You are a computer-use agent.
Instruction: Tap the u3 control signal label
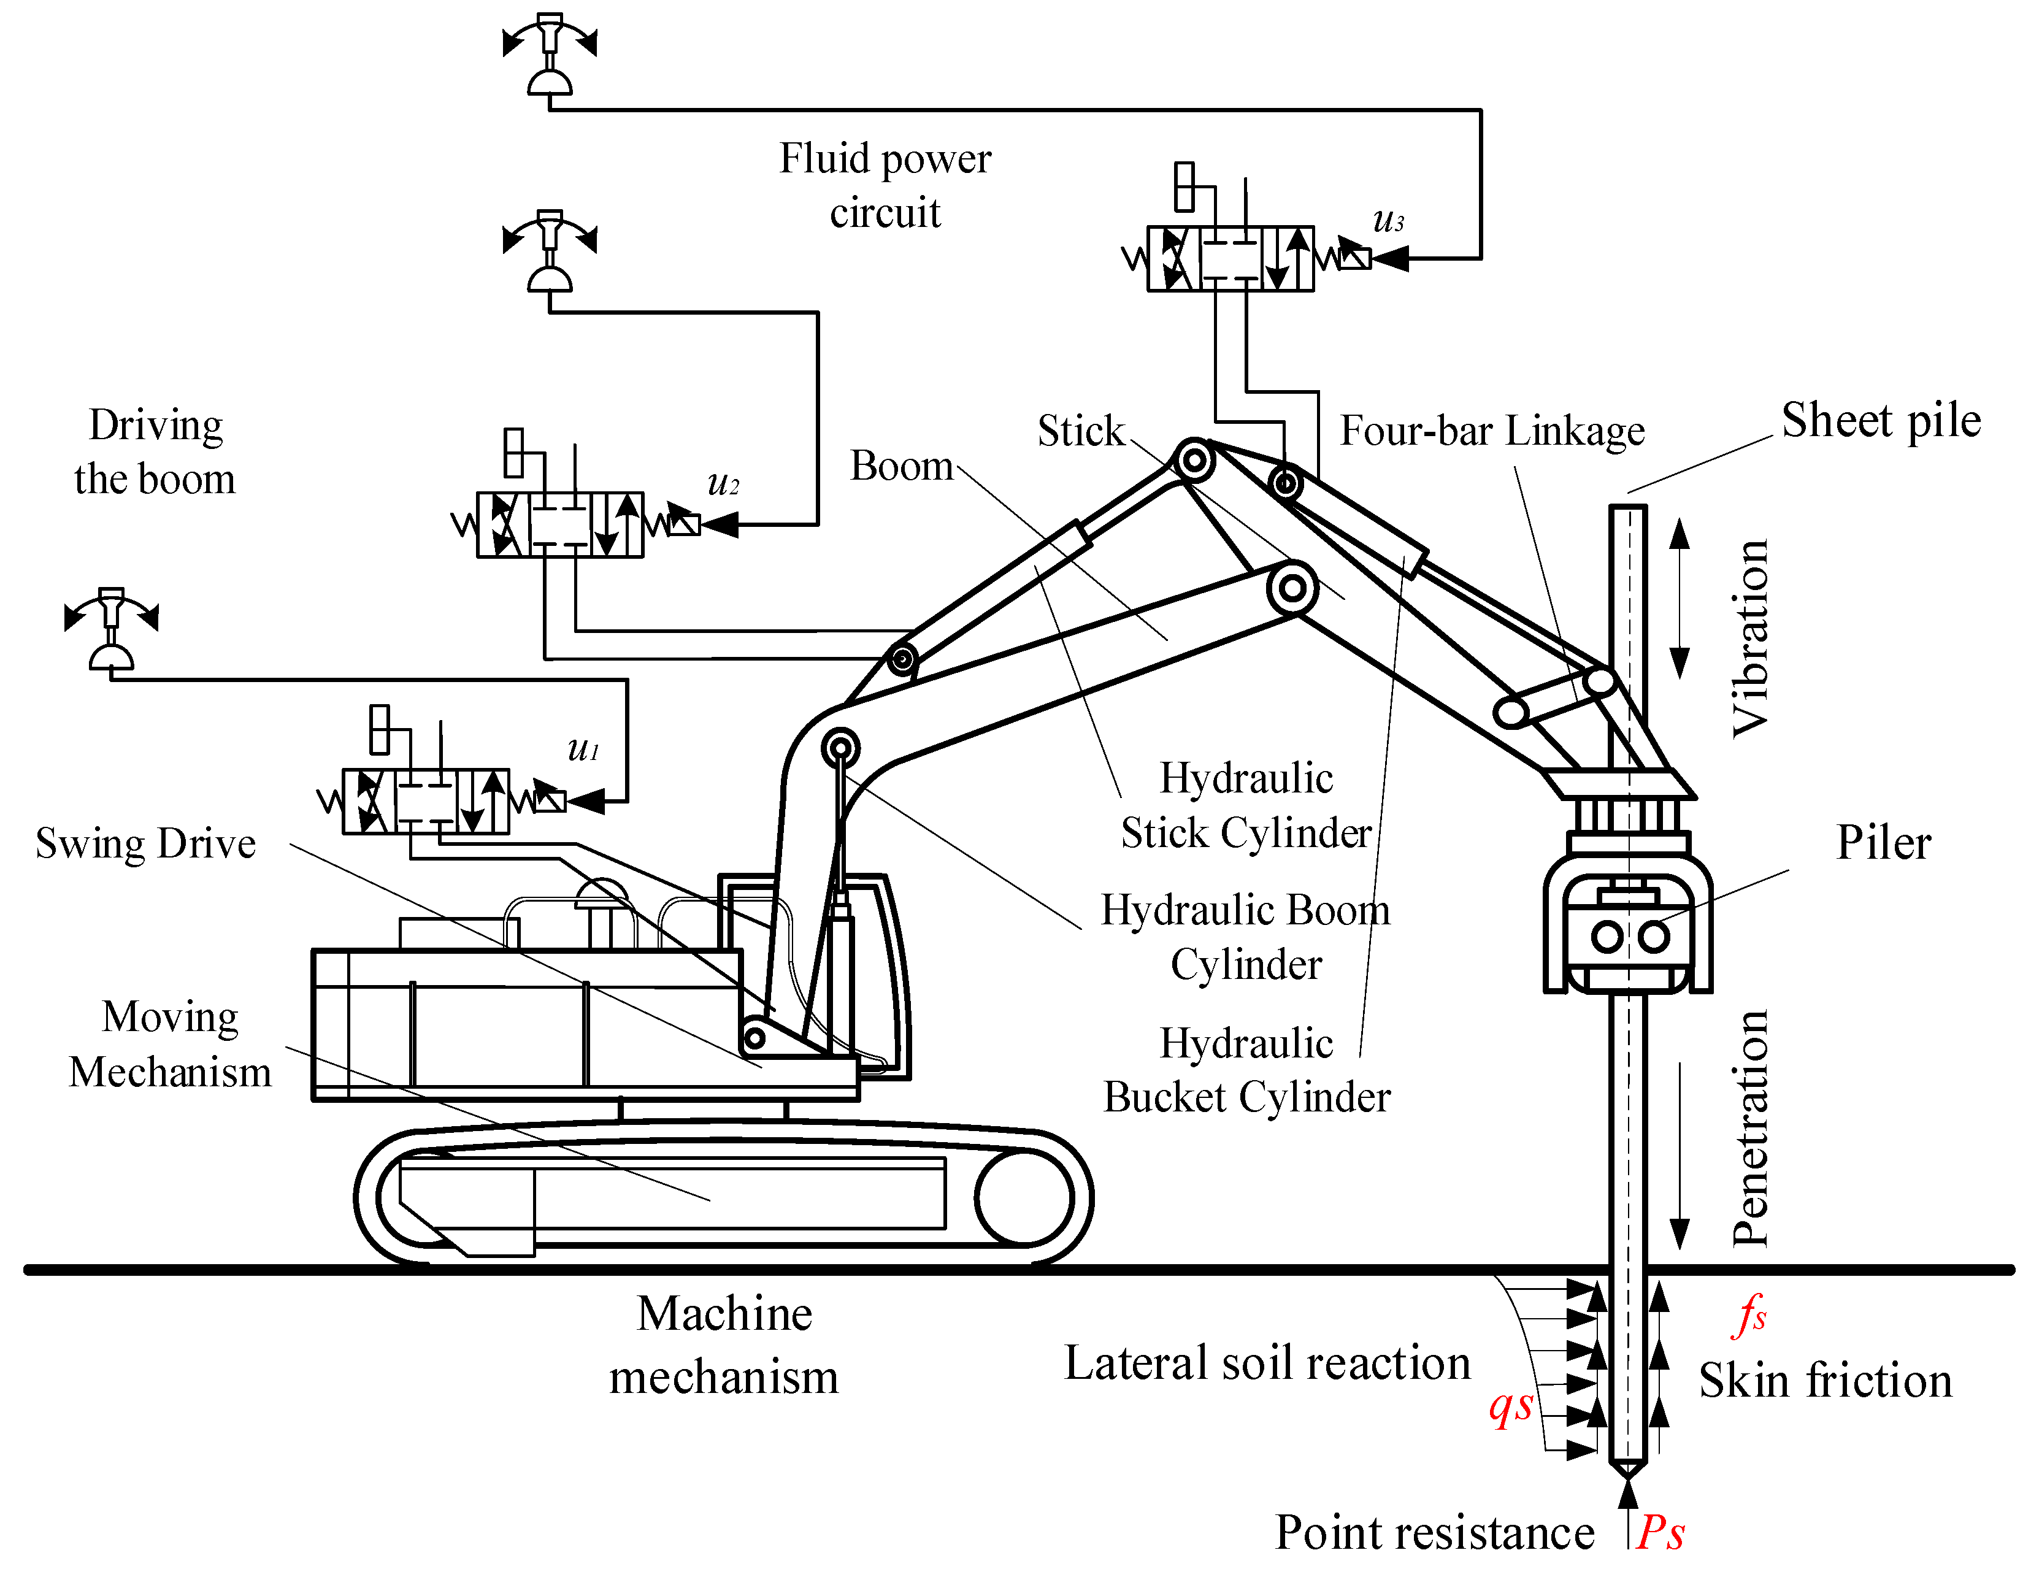1388,220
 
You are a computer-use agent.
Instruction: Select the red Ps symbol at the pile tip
1662,1531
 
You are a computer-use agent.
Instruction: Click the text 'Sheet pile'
1880,420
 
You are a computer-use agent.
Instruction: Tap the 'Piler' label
1883,843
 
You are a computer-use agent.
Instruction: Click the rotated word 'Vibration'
1749,638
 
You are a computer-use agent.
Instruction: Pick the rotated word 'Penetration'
1749,1128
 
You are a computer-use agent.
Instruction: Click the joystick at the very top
550,56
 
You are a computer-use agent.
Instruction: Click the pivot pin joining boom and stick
1292,588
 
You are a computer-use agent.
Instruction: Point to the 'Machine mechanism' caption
723,1345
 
